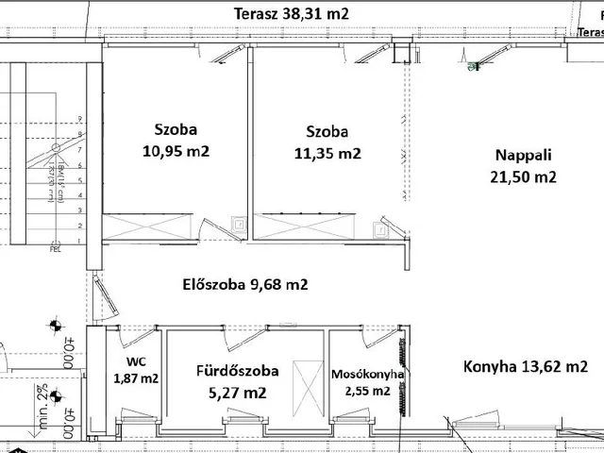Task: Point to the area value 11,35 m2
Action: pyautogui.click(x=327, y=153)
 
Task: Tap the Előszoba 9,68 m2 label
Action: pyautogui.click(x=244, y=283)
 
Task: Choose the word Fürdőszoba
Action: pyautogui.click(x=237, y=370)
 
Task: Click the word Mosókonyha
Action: pyautogui.click(x=368, y=375)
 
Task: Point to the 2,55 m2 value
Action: pyautogui.click(x=367, y=390)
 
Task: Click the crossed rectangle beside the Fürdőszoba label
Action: pyautogui.click(x=306, y=386)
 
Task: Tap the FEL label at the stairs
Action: pyautogui.click(x=55, y=249)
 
